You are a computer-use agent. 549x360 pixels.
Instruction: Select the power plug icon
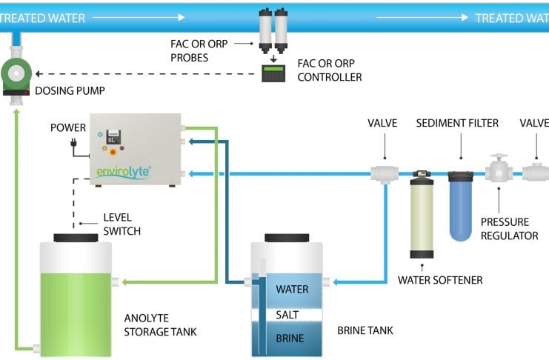(x=73, y=144)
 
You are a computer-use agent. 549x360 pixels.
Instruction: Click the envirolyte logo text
(x=124, y=172)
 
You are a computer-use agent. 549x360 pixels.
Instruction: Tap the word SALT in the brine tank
(x=286, y=315)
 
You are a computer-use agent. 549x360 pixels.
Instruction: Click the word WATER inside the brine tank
(x=291, y=289)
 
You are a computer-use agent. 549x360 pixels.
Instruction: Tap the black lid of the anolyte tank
(x=76, y=237)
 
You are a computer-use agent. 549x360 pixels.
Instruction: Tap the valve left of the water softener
(x=385, y=173)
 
